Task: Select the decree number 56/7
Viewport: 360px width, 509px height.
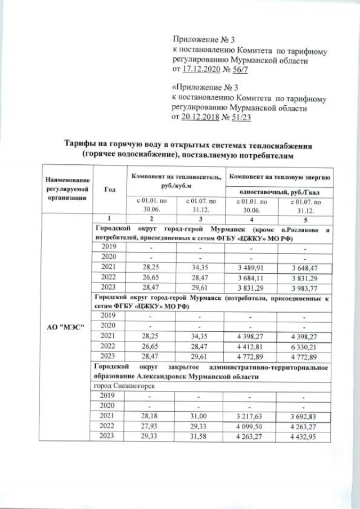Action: coord(245,70)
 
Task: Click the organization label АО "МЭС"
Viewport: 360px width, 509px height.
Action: coord(67,327)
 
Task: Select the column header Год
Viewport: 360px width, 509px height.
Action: coord(110,190)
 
